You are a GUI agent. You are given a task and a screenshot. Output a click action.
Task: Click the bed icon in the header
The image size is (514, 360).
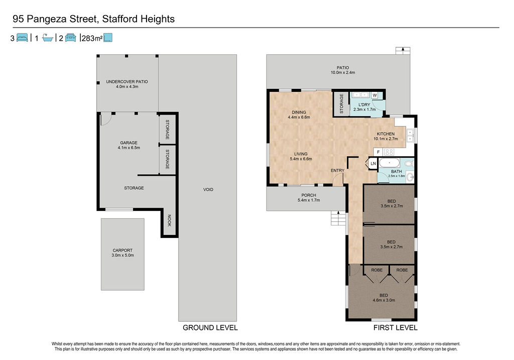click(x=22, y=38)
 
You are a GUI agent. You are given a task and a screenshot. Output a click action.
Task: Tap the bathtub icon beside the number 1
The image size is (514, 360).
click(x=48, y=38)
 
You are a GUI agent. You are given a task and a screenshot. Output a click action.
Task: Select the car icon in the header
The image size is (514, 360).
click(x=70, y=38)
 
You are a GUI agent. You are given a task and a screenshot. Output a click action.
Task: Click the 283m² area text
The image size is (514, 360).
click(x=92, y=38)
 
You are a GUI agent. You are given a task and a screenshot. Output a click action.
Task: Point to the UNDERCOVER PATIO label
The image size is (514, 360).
click(x=127, y=82)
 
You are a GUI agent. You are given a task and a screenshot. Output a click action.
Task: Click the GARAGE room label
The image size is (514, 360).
click(x=128, y=143)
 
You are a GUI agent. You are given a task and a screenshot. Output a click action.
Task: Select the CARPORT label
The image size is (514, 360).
click(x=122, y=250)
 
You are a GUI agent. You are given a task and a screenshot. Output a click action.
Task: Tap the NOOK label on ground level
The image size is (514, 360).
click(x=170, y=220)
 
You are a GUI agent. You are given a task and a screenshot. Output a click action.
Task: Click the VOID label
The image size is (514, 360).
click(x=208, y=189)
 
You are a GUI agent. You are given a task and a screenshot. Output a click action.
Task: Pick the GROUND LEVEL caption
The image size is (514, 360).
click(x=210, y=327)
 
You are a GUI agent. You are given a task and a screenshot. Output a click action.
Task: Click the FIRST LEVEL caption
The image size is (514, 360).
click(x=396, y=327)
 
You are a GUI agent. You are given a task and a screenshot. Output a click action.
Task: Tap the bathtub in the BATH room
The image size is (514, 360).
click(x=390, y=163)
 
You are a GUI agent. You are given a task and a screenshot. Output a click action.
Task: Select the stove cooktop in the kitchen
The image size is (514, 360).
click(x=389, y=152)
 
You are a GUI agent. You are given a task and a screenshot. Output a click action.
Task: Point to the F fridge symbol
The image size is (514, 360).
click(x=378, y=152)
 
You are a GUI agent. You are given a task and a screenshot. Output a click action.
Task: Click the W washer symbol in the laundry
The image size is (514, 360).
click(x=374, y=95)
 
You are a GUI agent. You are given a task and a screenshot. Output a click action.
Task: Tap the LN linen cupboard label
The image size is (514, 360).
click(x=373, y=164)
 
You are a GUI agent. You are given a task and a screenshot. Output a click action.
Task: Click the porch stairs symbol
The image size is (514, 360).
click(x=338, y=218)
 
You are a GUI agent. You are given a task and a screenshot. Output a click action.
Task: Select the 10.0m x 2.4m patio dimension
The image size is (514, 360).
click(x=343, y=72)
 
